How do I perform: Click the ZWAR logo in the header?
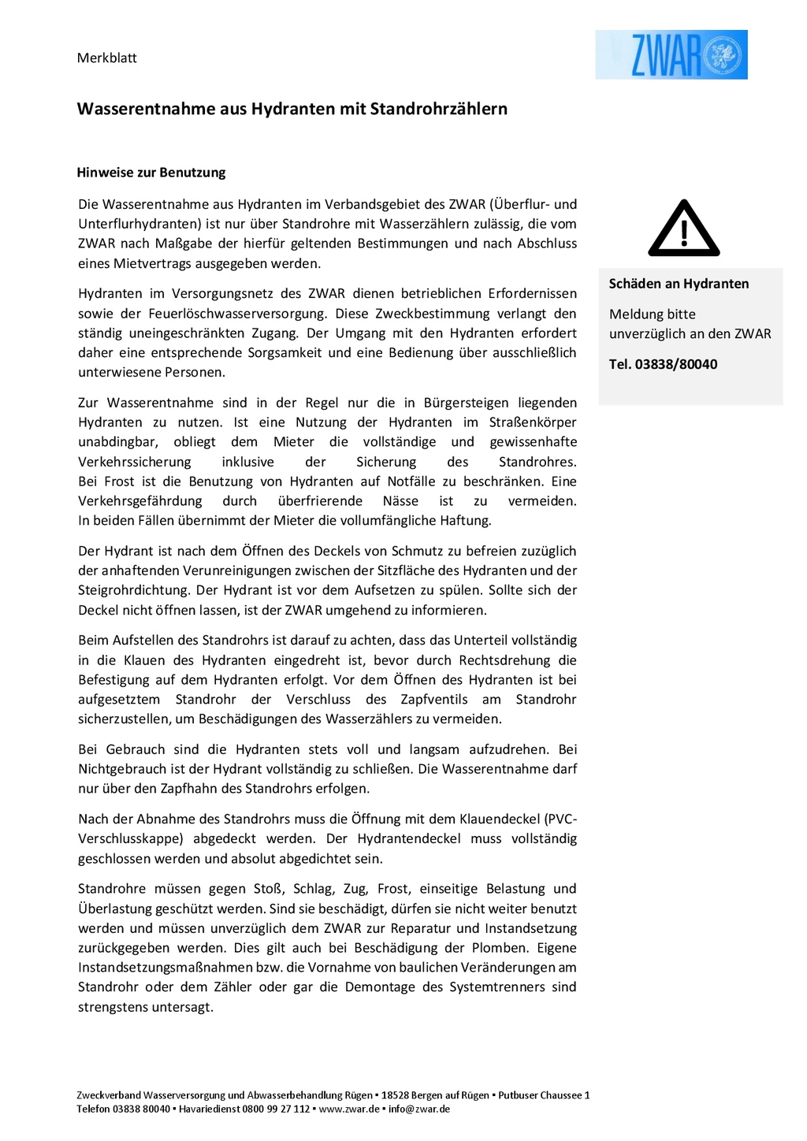tap(671, 55)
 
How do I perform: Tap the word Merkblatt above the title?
tap(107, 58)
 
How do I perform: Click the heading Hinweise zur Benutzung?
tap(151, 173)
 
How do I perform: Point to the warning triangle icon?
tap(684, 229)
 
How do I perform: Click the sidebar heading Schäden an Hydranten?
tap(679, 284)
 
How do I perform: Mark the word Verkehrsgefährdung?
tap(140, 501)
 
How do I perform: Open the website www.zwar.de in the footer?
tap(350, 1109)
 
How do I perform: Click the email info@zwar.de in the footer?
tap(419, 1109)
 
